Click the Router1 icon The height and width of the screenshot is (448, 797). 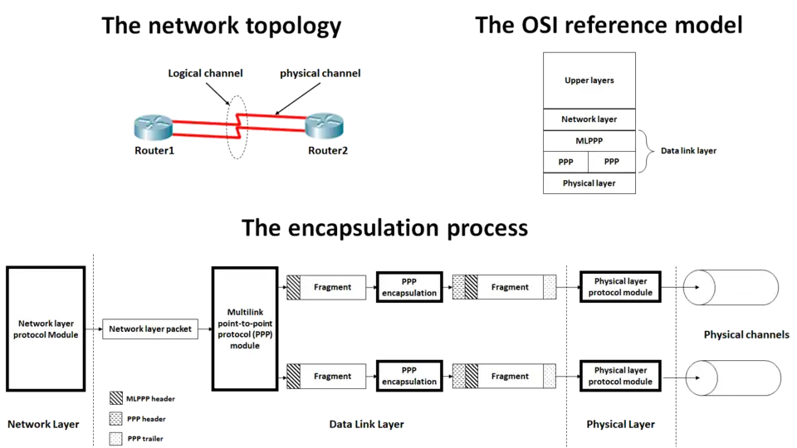click(x=154, y=131)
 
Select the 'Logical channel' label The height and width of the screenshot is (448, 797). click(x=204, y=74)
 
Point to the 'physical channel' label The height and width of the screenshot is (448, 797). click(x=320, y=74)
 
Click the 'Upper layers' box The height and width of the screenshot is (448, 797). click(x=589, y=80)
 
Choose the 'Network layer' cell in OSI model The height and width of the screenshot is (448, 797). click(x=589, y=119)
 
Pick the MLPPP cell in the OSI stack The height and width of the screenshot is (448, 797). click(x=589, y=140)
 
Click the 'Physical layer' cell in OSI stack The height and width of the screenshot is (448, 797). click(x=589, y=183)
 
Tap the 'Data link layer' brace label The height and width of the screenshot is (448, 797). click(x=687, y=152)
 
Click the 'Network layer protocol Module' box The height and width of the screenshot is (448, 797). click(x=46, y=329)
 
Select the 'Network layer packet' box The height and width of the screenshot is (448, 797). click(x=150, y=329)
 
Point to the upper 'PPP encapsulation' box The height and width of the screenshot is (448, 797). click(x=408, y=287)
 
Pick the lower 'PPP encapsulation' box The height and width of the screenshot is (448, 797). click(x=408, y=376)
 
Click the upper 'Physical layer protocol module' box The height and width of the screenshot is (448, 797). click(x=621, y=287)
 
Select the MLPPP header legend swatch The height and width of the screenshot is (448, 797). click(x=115, y=398)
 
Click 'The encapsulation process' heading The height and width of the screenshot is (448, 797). click(x=384, y=228)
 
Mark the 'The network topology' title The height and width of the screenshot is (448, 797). click(x=221, y=26)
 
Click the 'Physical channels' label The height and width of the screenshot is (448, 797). click(x=746, y=334)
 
